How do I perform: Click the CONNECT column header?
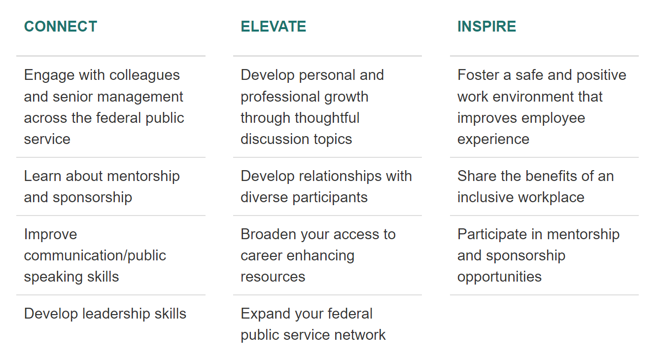(61, 27)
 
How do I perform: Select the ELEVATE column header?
(274, 27)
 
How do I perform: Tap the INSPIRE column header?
(486, 27)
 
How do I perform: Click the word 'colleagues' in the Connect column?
(144, 75)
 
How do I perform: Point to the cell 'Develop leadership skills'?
(105, 314)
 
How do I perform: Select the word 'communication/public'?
(95, 256)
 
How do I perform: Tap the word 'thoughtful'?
(327, 118)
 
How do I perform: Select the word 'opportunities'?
(499, 277)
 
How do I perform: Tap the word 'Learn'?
(42, 177)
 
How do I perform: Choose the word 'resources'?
(273, 277)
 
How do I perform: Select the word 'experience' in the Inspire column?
(493, 140)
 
